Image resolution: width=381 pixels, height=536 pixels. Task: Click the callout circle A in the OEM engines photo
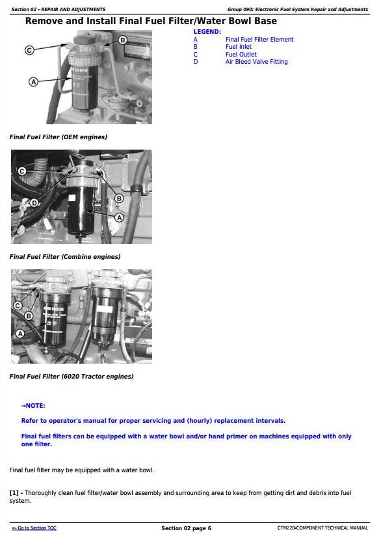pyautogui.click(x=34, y=82)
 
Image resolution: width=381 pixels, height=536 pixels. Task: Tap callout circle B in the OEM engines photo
pyautogui.click(x=122, y=40)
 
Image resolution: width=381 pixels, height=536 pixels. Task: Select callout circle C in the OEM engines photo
pyautogui.click(x=29, y=50)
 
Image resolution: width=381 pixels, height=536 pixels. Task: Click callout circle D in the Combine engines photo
pyautogui.click(x=34, y=204)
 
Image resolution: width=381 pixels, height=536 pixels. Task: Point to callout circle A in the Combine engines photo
pyautogui.click(x=119, y=217)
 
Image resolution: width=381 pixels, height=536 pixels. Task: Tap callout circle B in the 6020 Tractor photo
pyautogui.click(x=29, y=316)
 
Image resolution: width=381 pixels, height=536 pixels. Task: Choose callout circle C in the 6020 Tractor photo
pyautogui.click(x=18, y=306)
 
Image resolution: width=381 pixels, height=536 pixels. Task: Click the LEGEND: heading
pyautogui.click(x=207, y=32)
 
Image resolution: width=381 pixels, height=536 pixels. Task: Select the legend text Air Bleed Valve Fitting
pyautogui.click(x=257, y=62)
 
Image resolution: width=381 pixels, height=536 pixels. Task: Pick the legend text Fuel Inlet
pyautogui.click(x=239, y=47)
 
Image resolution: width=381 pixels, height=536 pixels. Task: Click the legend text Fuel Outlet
pyautogui.click(x=241, y=55)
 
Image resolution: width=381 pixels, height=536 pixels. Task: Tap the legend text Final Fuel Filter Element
pyautogui.click(x=259, y=39)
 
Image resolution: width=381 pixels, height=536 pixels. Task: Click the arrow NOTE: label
pyautogui.click(x=33, y=406)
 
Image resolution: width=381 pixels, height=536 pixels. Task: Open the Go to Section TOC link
pyautogui.click(x=34, y=528)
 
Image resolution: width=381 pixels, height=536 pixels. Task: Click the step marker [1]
pyautogui.click(x=14, y=493)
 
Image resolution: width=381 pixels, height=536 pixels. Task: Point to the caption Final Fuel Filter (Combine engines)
pyautogui.click(x=65, y=257)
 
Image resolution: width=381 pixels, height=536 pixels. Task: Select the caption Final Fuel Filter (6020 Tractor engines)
pyautogui.click(x=72, y=377)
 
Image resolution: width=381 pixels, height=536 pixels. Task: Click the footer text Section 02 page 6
pyautogui.click(x=186, y=528)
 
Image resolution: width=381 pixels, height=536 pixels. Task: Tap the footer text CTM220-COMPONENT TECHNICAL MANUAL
pyautogui.click(x=322, y=528)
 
